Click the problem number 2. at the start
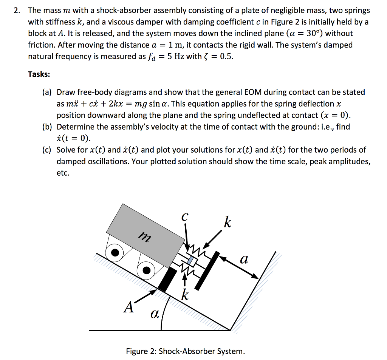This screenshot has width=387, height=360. coord(17,11)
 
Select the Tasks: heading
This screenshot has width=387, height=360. coord(39,74)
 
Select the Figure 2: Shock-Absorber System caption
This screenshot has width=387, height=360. coord(185,351)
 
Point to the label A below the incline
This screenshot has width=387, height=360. coord(129,308)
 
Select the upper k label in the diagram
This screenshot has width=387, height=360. coord(227,222)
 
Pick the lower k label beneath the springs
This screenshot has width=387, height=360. coord(185,295)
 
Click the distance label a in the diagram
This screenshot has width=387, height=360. coord(244,260)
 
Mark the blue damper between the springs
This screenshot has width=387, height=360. coord(191,261)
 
